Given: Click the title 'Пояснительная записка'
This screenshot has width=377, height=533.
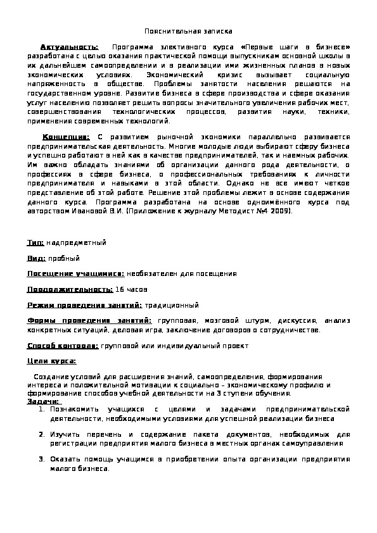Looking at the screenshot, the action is [x=188, y=30].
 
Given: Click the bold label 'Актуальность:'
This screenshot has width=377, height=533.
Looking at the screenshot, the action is [x=70, y=47].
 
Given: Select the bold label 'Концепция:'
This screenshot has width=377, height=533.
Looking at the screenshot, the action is [x=65, y=137].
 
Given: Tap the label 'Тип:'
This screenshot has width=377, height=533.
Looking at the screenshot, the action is [x=35, y=242].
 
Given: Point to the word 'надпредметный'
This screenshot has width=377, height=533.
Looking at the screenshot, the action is [x=77, y=242].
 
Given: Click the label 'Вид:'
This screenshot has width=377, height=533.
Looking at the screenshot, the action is [x=36, y=258].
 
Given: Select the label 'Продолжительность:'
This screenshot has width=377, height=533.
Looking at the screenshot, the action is [x=70, y=289].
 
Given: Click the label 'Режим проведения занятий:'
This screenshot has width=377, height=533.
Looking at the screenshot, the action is [x=85, y=305].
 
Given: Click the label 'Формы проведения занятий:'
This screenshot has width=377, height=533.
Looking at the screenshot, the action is [x=89, y=321].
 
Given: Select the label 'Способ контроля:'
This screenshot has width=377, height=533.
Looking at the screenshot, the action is [x=62, y=346].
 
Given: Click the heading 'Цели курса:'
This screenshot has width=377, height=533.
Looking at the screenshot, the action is [x=51, y=361].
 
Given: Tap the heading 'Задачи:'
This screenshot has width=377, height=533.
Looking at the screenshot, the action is [x=44, y=401].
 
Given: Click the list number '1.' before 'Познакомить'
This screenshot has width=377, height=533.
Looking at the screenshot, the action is [x=41, y=410].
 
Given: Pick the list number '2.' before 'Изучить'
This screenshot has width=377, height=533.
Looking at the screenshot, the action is [x=41, y=435].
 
